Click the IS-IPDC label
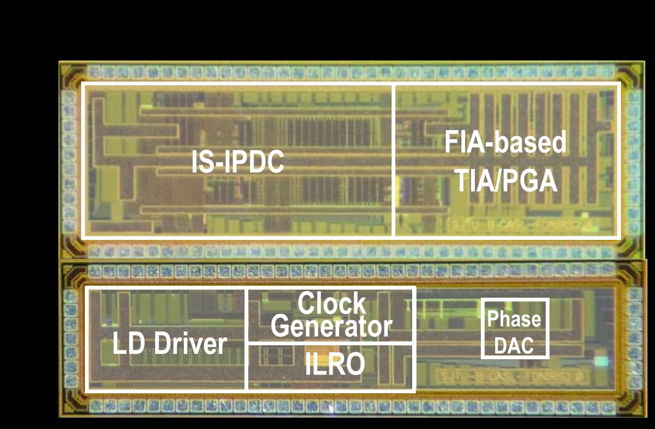coord(238,162)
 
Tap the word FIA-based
coord(505,143)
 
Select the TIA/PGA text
coord(505,181)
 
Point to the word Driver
coord(190,344)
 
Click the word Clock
coord(332,304)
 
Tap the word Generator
coord(332,326)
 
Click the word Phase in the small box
coord(514,319)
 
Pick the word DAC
coord(514,345)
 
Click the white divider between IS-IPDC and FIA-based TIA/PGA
coord(394,160)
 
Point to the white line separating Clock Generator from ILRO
coord(331,343)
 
